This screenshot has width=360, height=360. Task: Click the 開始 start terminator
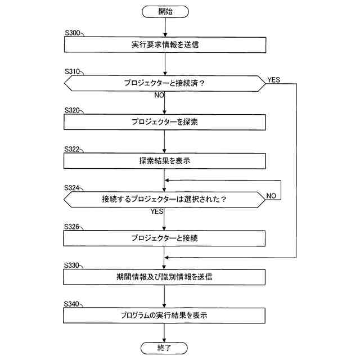[x=165, y=11]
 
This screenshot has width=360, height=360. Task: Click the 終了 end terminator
[x=165, y=348]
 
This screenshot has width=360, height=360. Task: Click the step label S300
[x=73, y=33]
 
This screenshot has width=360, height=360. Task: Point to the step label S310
[x=73, y=72]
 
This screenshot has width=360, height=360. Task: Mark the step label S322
[x=73, y=150]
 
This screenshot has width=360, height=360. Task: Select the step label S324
[x=73, y=188]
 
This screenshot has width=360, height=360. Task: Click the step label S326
[x=73, y=227]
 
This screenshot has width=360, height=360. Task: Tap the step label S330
[x=73, y=265]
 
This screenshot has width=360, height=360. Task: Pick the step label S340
[x=73, y=304]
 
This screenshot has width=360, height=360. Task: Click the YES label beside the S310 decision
[x=274, y=80]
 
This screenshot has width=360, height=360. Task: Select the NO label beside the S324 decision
[x=272, y=196]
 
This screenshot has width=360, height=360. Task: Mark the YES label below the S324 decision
[x=157, y=211]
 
